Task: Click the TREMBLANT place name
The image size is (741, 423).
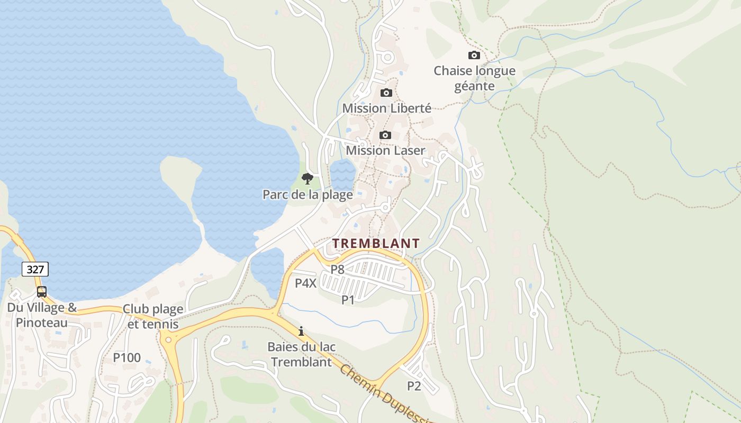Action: pos(376,244)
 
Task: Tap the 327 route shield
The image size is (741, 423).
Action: pos(35,269)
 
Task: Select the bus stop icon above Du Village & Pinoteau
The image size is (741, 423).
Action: pos(41,291)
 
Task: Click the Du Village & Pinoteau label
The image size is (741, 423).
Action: pos(42,315)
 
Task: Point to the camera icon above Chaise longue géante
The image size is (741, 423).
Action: pos(474,55)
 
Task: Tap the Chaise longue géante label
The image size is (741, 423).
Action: pos(474,78)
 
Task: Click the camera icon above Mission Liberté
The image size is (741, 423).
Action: pos(386,93)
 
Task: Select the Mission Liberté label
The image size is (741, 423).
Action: pos(386,108)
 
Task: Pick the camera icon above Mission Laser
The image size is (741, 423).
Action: pos(385,135)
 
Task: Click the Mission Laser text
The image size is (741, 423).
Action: pos(385,151)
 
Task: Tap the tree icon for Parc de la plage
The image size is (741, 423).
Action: pos(307,178)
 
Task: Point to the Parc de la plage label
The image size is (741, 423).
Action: pos(308,195)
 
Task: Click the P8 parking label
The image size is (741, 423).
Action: pos(337,269)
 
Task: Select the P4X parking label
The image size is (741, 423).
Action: pos(305,283)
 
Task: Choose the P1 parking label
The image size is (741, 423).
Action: pos(348,300)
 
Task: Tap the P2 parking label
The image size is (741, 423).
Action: pos(414,386)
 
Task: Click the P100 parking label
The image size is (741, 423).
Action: pos(127,357)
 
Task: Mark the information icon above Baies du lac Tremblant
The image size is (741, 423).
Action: pos(301,331)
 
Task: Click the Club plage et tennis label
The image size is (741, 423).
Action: pos(153,316)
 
